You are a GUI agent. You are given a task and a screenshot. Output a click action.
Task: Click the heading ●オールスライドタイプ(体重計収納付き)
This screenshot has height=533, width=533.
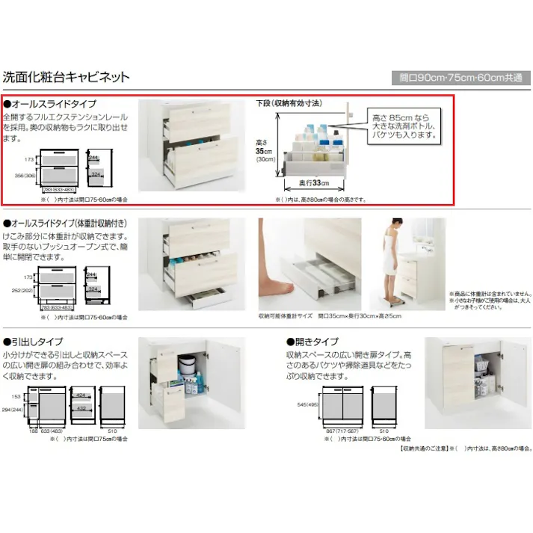pyautogui.click(x=71, y=224)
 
